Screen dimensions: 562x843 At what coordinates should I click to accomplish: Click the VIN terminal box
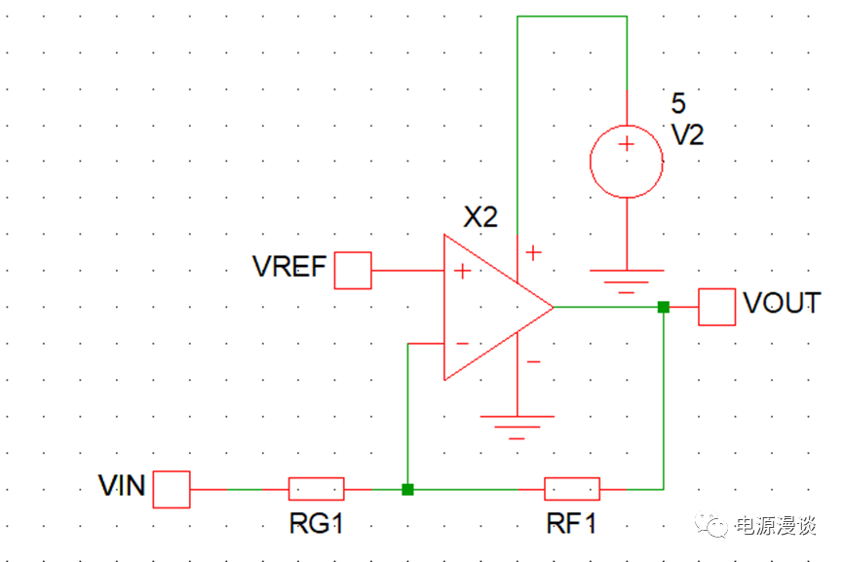click(172, 488)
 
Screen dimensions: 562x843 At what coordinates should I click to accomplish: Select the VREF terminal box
click(353, 270)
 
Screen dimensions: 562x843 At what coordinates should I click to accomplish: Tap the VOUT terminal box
click(717, 307)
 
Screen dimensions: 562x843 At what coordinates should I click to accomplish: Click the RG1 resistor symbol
click(317, 488)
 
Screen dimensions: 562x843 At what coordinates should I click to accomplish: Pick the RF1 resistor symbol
click(572, 488)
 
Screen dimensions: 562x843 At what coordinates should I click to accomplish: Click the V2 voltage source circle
click(626, 161)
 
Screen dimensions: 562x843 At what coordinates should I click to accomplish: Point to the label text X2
click(479, 216)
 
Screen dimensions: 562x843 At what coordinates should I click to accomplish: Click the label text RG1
click(317, 523)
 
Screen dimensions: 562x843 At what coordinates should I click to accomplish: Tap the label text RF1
click(572, 523)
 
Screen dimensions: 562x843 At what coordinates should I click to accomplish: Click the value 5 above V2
click(678, 103)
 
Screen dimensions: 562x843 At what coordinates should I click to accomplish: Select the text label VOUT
click(782, 304)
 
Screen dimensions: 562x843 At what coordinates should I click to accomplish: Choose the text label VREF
click(288, 267)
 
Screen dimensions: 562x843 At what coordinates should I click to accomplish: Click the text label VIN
click(122, 485)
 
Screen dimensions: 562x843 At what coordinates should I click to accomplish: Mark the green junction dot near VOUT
click(664, 307)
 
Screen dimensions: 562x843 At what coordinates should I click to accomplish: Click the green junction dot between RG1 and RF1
click(407, 488)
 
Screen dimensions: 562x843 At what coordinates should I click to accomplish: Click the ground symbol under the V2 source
click(626, 279)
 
